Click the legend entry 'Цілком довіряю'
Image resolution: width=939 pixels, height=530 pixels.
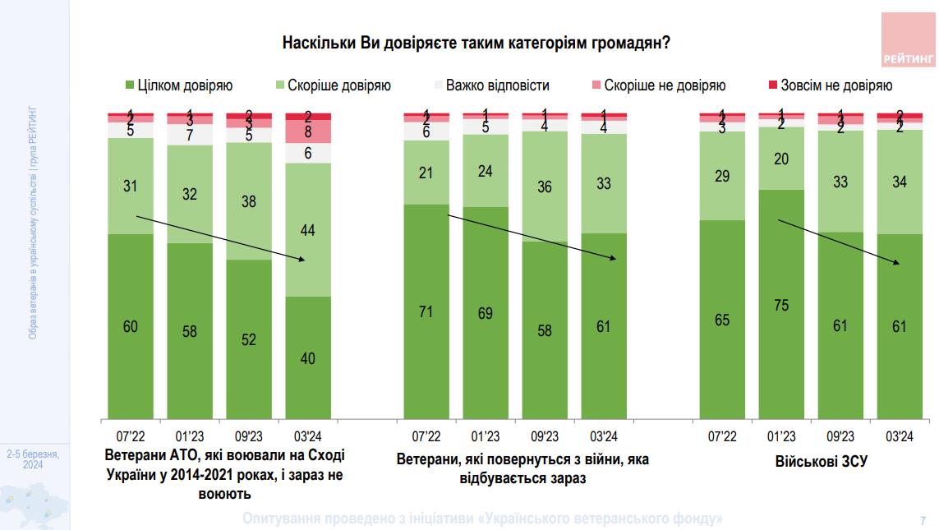pos(179,85)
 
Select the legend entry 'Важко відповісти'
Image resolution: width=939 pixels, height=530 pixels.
pos(491,85)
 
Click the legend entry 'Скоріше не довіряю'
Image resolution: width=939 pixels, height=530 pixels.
pos(657,85)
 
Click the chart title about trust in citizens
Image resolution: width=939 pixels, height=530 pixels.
pos(476,43)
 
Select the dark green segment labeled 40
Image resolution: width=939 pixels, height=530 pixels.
pos(308,357)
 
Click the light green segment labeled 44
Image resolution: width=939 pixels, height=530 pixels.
pos(308,230)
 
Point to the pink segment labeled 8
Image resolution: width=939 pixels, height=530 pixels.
pos(308,131)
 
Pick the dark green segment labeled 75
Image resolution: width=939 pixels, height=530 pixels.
pos(781,304)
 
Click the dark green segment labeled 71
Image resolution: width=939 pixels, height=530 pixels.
pos(426,311)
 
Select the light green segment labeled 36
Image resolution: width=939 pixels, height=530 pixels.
pos(545,187)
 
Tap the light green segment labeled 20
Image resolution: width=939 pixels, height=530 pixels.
pos(781,159)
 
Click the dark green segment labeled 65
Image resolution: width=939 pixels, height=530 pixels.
pos(722,319)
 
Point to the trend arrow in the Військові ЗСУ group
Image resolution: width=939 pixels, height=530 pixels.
pos(839,242)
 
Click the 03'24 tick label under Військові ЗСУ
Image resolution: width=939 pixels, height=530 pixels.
pos(900,436)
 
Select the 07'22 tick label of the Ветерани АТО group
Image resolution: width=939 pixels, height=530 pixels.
pos(131,436)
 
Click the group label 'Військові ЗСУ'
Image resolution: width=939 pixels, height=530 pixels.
pos(810,461)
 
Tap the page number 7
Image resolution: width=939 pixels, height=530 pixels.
pos(923,519)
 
